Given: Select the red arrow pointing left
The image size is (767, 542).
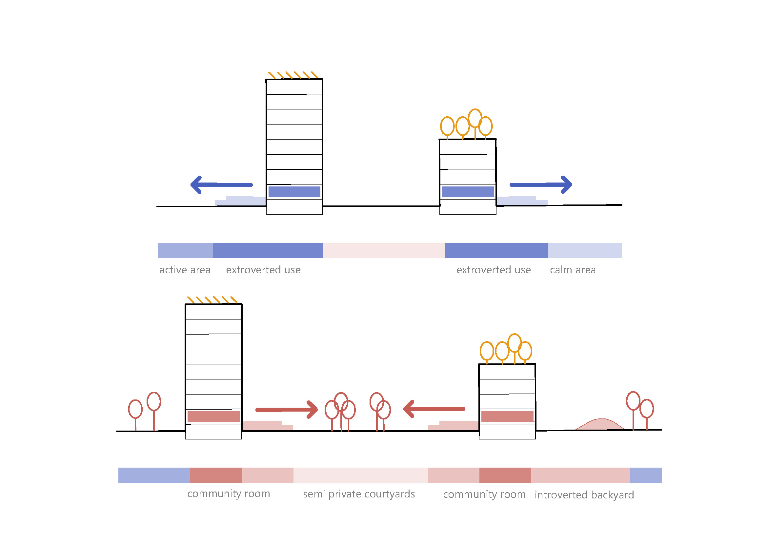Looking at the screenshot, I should [434, 409].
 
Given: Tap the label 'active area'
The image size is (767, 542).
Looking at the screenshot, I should [185, 270].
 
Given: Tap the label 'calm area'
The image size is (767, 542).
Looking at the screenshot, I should [573, 270].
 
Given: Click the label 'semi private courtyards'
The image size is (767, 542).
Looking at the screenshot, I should [359, 494].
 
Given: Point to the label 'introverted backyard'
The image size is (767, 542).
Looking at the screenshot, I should [584, 494].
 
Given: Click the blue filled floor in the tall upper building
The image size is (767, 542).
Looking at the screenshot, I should [294, 192].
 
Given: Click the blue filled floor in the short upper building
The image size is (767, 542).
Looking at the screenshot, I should [468, 192].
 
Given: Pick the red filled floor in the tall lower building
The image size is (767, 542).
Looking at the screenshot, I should [213, 416].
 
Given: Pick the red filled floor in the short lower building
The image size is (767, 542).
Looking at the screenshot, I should [507, 416].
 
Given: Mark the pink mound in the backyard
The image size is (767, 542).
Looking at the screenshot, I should [600, 424].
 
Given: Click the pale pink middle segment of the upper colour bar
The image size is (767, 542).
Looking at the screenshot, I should [383, 250].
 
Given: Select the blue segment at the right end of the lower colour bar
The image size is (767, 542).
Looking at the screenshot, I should [645, 475].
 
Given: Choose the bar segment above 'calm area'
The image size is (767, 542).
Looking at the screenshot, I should [585, 250].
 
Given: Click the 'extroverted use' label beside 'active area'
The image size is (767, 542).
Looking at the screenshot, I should [263, 270].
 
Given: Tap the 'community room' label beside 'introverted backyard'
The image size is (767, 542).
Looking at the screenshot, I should [484, 494].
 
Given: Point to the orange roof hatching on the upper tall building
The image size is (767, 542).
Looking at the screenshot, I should [293, 75].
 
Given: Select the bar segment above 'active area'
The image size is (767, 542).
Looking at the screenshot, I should [185, 250].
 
